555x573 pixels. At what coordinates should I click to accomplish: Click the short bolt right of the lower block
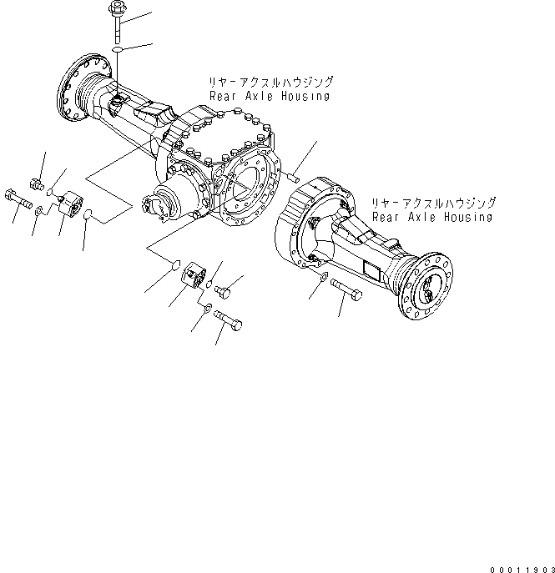pos(222,291)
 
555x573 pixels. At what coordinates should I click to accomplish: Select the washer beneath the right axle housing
pos(324,277)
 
